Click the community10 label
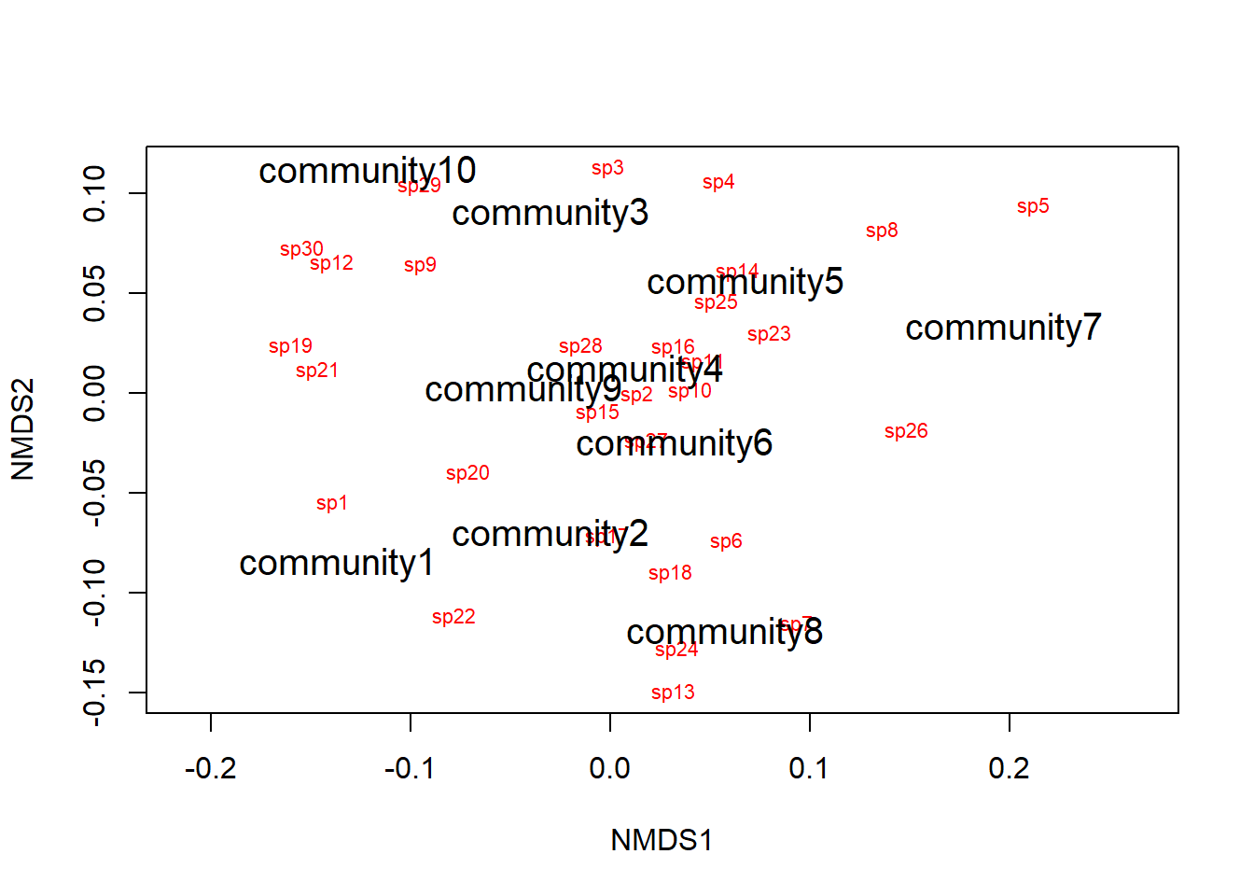pos(367,171)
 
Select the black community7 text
pos(1003,328)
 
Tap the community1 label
pos(337,563)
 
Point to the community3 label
pos(550,213)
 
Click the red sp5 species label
pos(1033,206)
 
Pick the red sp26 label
pos(906,431)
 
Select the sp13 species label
pos(673,693)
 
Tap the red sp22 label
pos(453,617)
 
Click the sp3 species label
pos(607,168)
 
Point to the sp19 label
pos(290,346)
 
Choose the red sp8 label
pos(882,231)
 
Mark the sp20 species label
pos(467,473)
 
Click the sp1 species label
pos(331,503)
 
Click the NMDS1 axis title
pos(662,840)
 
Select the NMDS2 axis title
pos(23,429)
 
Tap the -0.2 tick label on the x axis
pos(210,769)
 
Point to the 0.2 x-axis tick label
pos(1009,769)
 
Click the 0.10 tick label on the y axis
pos(95,193)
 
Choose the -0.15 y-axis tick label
pos(95,692)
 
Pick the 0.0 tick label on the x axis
pos(609,769)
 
